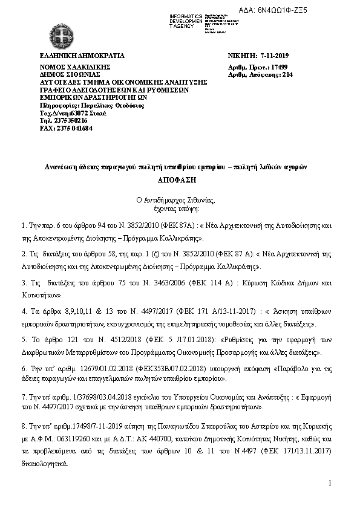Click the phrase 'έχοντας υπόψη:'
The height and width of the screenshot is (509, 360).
click(180, 206)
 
